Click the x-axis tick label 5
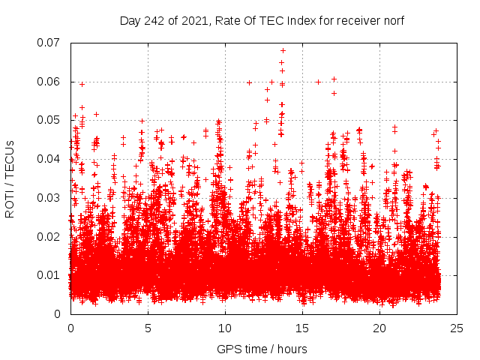pos(148,328)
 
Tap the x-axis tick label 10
pos(225,328)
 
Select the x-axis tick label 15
pos(302,328)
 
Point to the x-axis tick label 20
pos(379,328)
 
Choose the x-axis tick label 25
pos(457,328)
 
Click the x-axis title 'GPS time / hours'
pos(262,349)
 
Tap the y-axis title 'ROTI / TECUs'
pos(10,178)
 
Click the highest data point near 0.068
pos(283,51)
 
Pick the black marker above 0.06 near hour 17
pos(334,79)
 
